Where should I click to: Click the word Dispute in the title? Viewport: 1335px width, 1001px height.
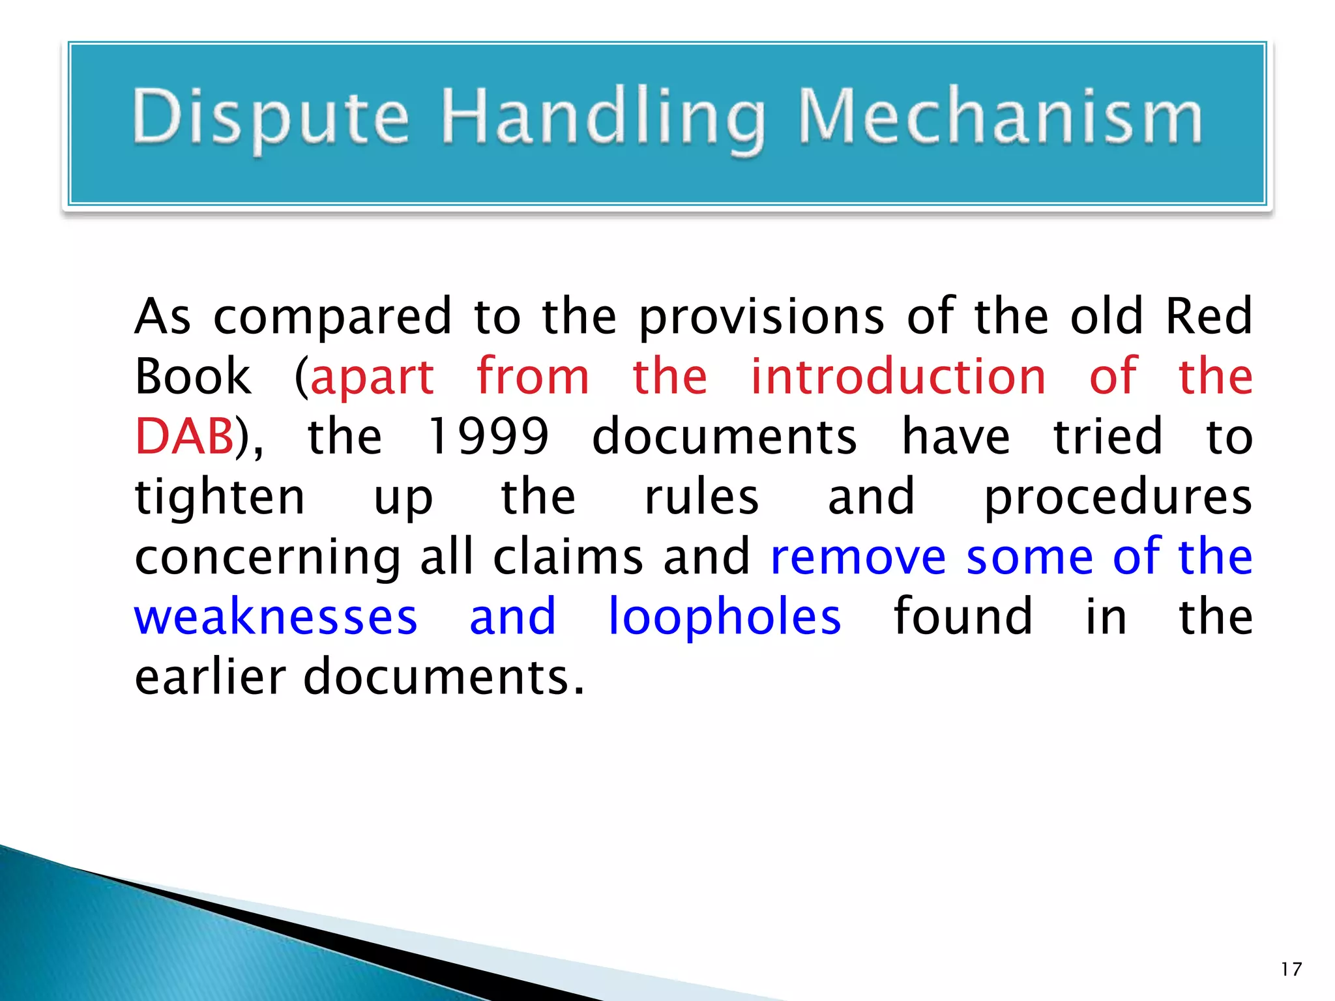click(271, 117)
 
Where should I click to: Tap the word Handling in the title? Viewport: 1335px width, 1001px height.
click(602, 117)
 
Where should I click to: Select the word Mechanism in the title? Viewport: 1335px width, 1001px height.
click(1000, 117)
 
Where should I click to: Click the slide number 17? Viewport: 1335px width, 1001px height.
click(1291, 969)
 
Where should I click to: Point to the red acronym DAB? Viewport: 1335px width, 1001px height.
click(184, 436)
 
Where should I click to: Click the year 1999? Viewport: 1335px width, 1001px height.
click(488, 436)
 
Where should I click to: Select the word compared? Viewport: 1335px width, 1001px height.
click(332, 317)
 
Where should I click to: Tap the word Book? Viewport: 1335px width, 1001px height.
click(193, 377)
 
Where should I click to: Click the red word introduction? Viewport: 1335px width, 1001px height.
click(898, 377)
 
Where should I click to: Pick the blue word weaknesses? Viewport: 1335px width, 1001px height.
click(276, 617)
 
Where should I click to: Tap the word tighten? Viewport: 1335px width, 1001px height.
click(220, 497)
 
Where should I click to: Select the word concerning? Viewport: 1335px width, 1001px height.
click(267, 558)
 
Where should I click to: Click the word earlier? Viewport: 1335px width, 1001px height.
click(210, 676)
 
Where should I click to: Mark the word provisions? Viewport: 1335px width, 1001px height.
click(761, 317)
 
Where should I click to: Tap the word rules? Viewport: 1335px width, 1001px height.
click(701, 497)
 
